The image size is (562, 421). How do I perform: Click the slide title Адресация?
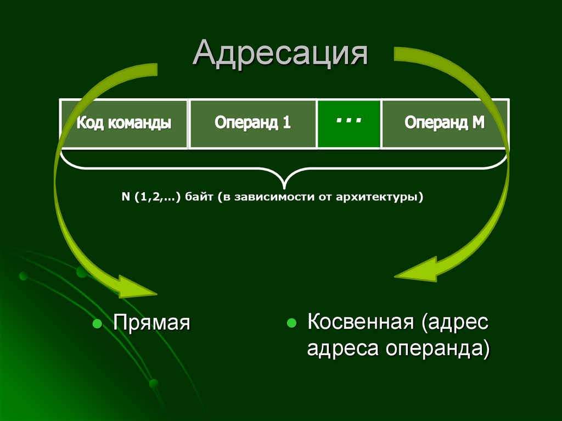click(x=279, y=55)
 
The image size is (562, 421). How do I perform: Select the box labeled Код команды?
click(x=123, y=124)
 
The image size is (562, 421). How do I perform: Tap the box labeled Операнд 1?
click(x=252, y=124)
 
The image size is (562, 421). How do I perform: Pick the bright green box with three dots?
click(x=349, y=124)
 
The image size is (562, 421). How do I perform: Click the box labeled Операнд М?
click(x=444, y=124)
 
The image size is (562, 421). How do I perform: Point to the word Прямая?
click(x=151, y=323)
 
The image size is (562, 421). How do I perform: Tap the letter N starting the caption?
click(x=125, y=197)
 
